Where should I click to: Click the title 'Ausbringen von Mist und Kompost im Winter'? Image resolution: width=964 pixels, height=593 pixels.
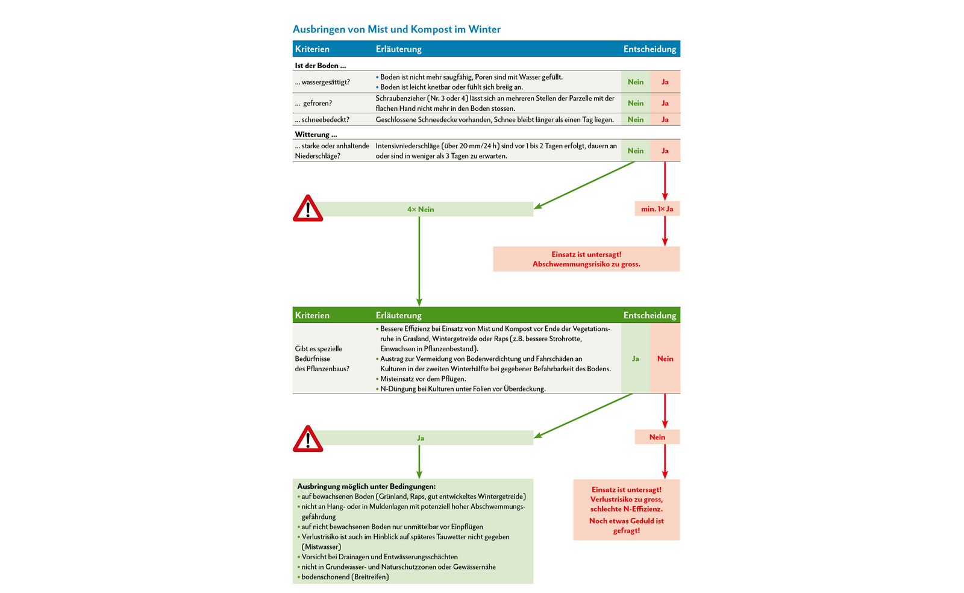click(396, 29)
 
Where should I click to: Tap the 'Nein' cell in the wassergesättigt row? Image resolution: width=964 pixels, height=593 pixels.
click(636, 82)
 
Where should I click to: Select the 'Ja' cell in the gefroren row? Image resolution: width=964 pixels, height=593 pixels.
click(665, 103)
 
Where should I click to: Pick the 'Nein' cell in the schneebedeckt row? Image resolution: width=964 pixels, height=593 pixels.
click(636, 119)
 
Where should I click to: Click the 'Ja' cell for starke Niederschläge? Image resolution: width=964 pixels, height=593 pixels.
click(665, 151)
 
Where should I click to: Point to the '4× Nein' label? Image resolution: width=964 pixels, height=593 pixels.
click(421, 209)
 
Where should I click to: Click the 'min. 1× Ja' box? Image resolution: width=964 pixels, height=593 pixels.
click(657, 209)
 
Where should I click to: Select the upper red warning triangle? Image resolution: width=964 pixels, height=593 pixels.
click(308, 209)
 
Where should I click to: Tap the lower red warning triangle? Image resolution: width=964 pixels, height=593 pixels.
click(308, 439)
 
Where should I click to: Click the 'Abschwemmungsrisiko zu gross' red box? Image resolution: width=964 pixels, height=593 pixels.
click(586, 259)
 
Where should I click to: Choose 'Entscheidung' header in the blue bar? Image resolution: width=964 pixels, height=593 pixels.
click(649, 49)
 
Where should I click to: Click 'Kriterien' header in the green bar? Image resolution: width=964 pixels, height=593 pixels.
click(312, 315)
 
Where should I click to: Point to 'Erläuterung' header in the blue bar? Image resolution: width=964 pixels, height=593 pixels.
click(399, 49)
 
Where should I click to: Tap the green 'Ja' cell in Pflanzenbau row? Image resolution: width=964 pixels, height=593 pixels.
click(636, 359)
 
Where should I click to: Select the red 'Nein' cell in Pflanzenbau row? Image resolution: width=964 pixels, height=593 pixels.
click(665, 359)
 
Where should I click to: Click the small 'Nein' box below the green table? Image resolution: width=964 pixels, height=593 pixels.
click(657, 437)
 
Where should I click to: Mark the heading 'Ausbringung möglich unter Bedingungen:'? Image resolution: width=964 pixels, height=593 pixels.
click(366, 486)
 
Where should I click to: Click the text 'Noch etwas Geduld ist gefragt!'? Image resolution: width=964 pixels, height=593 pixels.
click(627, 526)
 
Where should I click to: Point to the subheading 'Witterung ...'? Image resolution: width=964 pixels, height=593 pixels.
click(316, 134)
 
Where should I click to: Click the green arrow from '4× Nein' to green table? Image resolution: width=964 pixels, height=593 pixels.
click(419, 259)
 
